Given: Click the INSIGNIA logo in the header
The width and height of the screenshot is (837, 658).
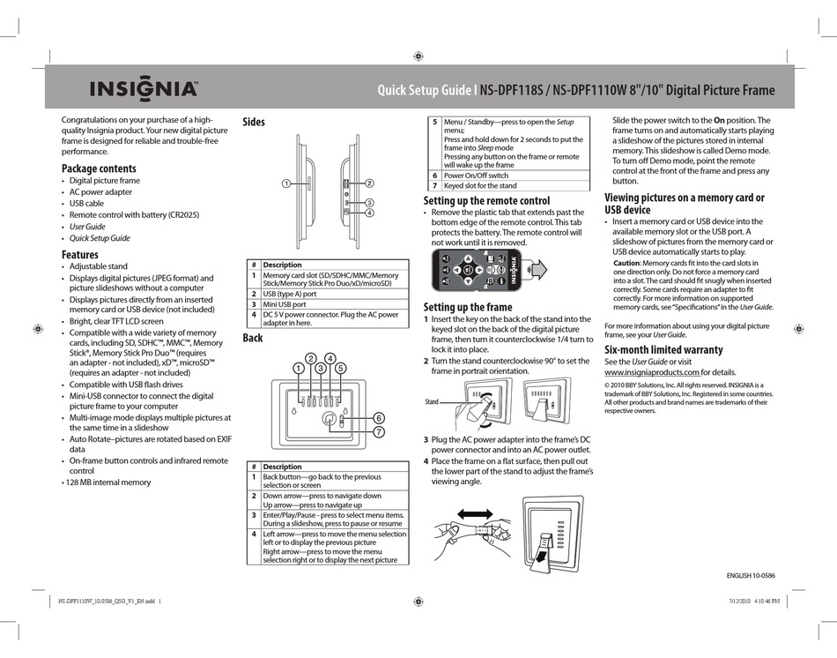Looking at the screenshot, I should (x=142, y=89).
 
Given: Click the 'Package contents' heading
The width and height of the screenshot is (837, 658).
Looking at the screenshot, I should (x=99, y=168).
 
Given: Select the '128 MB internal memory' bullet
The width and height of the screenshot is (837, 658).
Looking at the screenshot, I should (x=107, y=482).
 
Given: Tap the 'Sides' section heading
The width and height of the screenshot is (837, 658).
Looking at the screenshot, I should (x=254, y=122).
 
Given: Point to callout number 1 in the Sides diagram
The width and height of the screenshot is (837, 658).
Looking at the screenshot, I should (x=286, y=183).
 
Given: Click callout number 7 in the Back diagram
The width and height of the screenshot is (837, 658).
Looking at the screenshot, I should (x=378, y=431).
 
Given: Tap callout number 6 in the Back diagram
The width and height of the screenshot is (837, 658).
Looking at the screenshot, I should (x=378, y=417).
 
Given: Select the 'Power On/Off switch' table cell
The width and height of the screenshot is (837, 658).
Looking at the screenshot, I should (x=477, y=176).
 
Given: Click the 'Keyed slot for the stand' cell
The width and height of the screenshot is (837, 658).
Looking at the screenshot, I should (x=480, y=186).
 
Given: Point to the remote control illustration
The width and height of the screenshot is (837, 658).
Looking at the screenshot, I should (x=476, y=269).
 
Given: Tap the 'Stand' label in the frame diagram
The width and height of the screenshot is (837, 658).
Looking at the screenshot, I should (x=432, y=401).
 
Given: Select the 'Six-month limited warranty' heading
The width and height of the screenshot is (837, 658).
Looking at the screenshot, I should (x=663, y=349).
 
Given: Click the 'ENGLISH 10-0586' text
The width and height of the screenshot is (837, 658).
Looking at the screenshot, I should (x=751, y=575).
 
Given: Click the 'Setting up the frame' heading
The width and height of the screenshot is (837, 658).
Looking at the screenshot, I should (x=468, y=307).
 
